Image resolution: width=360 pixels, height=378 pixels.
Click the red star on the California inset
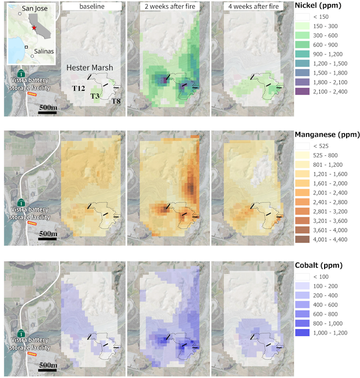34,28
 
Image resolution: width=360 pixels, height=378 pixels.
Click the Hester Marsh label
90,68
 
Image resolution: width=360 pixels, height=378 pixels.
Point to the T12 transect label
78,88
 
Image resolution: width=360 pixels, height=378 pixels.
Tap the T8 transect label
116,101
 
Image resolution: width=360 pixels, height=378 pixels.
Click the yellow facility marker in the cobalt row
32,355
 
